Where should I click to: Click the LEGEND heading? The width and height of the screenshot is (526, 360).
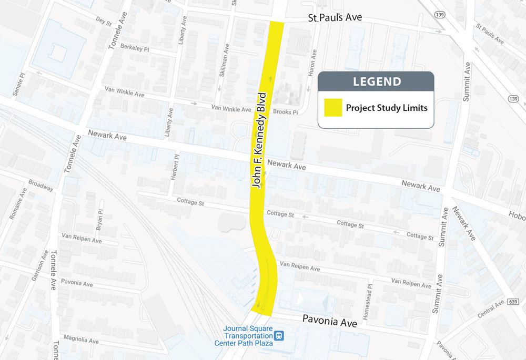(x=377, y=81)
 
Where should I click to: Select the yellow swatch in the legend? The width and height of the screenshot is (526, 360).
(x=332, y=108)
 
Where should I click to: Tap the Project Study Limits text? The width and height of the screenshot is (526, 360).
(x=386, y=108)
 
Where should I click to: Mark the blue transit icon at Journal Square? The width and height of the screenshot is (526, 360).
(x=279, y=335)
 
